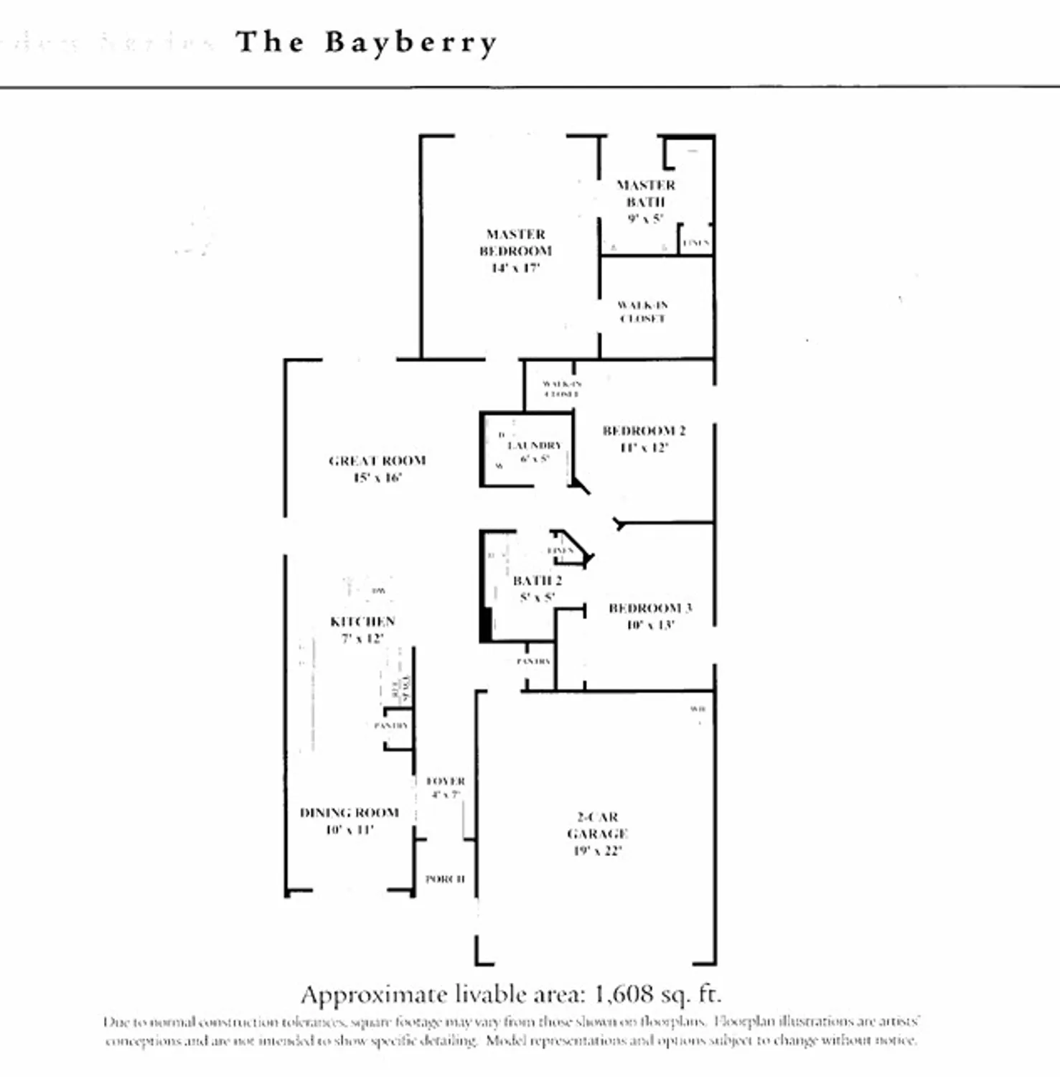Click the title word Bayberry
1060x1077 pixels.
410,42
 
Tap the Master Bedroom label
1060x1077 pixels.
515,243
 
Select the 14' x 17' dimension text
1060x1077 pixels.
515,268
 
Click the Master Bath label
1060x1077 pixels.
645,193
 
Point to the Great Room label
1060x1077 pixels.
377,461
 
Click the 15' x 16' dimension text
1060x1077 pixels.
377,478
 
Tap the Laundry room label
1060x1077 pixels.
535,446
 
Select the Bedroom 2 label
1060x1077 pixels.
644,431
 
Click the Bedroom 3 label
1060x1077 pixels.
649,608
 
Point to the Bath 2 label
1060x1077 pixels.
537,581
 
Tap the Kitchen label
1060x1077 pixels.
362,622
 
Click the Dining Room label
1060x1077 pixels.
349,813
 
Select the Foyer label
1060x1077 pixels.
446,781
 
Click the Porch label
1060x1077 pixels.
445,879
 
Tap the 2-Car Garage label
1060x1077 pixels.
597,826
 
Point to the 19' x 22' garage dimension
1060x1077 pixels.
597,852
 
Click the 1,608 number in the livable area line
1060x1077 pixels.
624,994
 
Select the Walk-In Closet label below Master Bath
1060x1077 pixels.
642,312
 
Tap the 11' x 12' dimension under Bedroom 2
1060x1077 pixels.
644,448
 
